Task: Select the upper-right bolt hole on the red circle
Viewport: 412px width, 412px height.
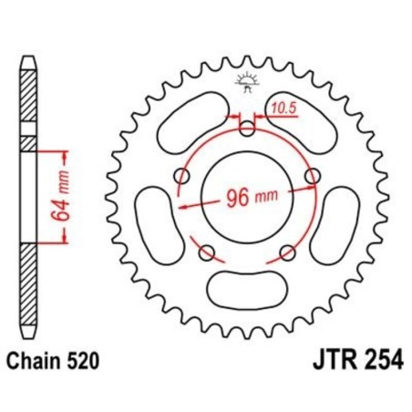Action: click(314, 175)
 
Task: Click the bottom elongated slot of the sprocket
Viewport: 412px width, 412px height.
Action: click(247, 291)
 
